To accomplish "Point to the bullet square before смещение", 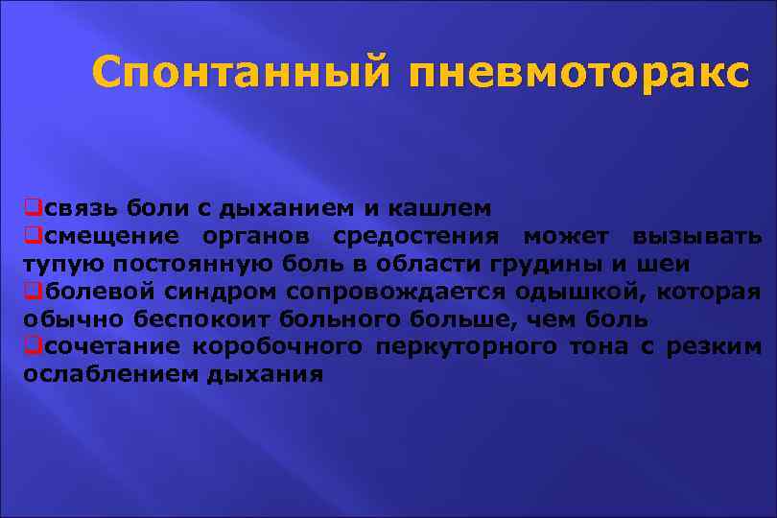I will coord(32,236).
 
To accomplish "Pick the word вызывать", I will coord(696,236).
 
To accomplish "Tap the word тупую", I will coord(58,264).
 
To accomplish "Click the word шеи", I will coord(669,264).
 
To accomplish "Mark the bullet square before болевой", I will coord(32,292).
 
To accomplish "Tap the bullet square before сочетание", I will coord(32,346).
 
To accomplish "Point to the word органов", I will coord(260,236).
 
